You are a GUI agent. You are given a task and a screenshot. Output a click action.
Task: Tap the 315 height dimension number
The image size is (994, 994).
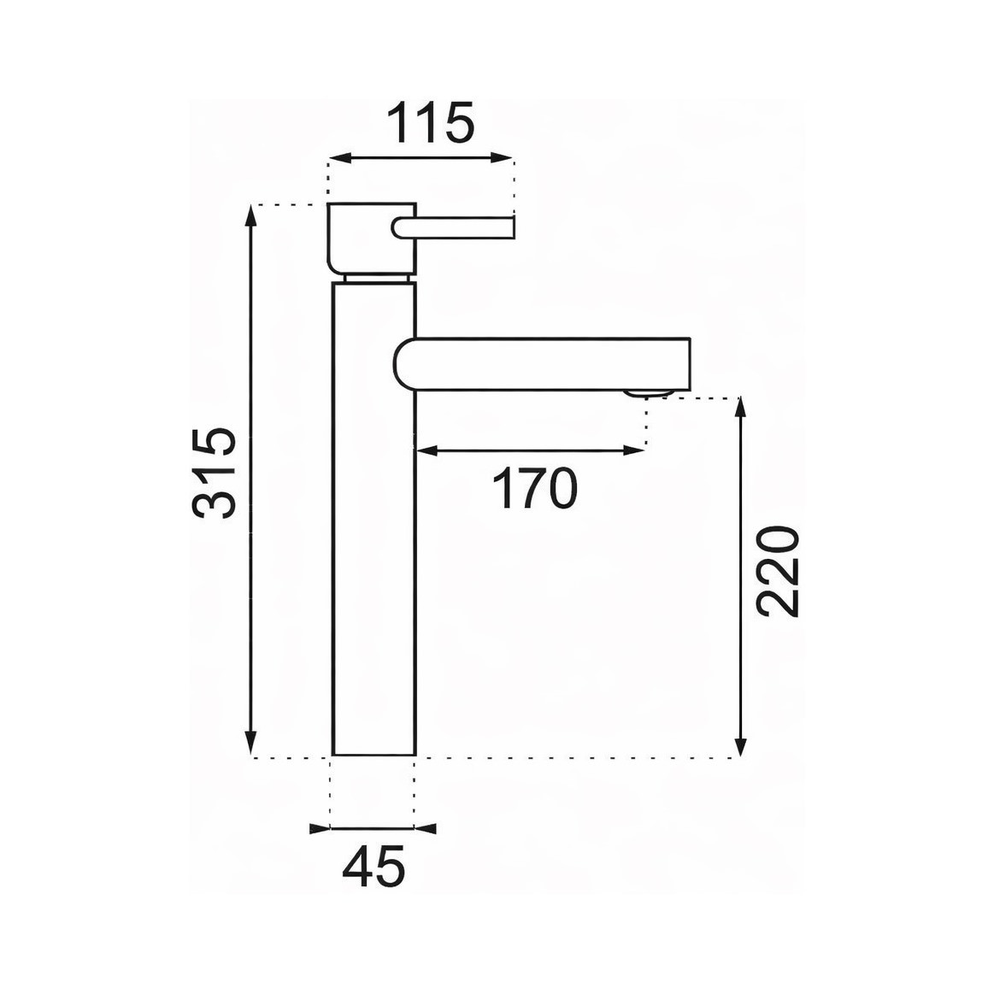pos(214,473)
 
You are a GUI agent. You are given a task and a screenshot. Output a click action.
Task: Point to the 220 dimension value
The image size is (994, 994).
pos(778,571)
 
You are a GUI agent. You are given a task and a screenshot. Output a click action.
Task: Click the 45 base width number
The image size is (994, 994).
pos(373,867)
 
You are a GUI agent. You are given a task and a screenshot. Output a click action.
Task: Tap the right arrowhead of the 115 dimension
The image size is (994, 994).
pos(502,158)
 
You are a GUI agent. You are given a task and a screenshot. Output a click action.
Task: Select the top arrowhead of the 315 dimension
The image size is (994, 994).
pos(252,217)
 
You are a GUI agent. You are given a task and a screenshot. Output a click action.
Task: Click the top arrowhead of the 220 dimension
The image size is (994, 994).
pos(739,409)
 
